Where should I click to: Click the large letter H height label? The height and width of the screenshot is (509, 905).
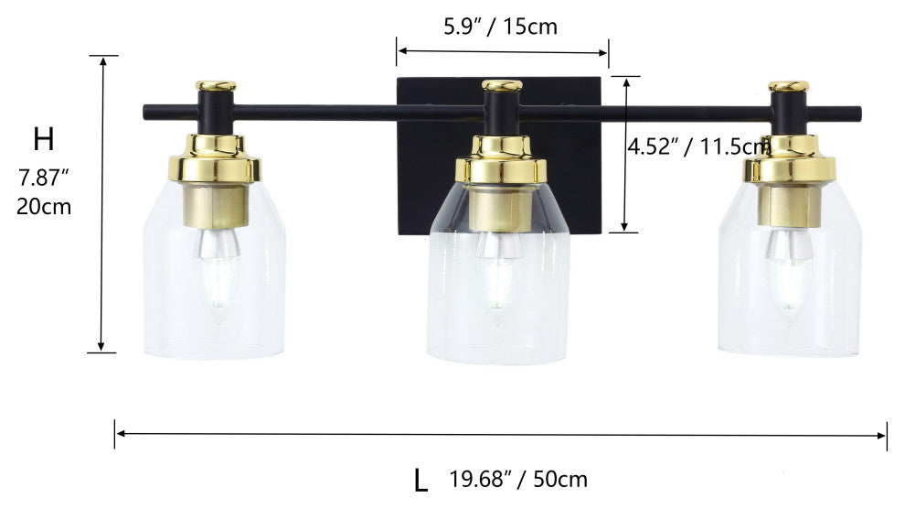click(x=44, y=140)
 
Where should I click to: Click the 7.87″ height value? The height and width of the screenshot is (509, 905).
click(x=44, y=176)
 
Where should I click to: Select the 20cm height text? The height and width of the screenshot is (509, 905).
click(x=44, y=206)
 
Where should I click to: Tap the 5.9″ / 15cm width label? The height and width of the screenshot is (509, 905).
click(x=500, y=27)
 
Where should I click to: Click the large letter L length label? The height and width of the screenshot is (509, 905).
click(x=421, y=479)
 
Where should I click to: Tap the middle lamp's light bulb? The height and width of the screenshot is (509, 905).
click(x=499, y=279)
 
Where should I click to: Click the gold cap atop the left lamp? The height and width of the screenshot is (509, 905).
click(x=216, y=86)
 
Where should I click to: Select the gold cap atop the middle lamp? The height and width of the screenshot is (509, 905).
click(x=502, y=85)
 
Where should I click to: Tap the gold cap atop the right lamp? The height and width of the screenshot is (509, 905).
click(x=788, y=86)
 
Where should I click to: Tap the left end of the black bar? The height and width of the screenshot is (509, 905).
click(x=148, y=113)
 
